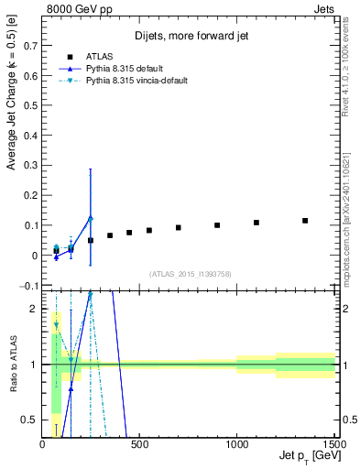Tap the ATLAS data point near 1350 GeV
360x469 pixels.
click(x=305, y=221)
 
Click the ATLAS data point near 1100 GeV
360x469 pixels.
click(x=256, y=223)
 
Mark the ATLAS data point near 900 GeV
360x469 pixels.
click(x=217, y=225)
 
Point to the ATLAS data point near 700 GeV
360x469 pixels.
click(x=179, y=228)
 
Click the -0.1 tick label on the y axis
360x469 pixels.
click(x=29, y=286)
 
